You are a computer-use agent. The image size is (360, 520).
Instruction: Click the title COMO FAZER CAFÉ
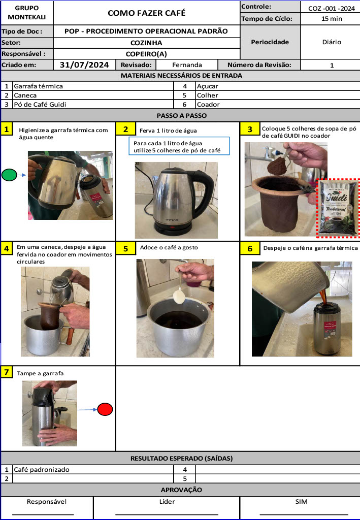click(146, 13)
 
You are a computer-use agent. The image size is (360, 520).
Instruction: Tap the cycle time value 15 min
click(331, 19)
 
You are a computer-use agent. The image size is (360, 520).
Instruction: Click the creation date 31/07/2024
click(84, 64)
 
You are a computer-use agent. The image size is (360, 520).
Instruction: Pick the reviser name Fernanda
click(187, 65)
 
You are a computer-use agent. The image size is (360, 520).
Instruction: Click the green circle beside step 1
click(9, 175)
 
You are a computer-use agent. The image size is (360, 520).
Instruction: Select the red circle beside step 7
click(105, 409)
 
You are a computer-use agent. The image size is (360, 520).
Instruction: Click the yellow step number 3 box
click(249, 129)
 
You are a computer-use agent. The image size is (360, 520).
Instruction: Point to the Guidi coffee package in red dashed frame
click(337, 208)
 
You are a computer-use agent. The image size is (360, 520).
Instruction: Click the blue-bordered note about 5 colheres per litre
click(178, 146)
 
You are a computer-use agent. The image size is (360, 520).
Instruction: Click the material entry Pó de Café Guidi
click(40, 105)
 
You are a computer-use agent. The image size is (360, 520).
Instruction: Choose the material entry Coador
click(208, 105)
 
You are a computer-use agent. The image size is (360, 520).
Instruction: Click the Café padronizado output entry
click(41, 470)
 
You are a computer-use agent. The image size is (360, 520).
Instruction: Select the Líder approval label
click(167, 502)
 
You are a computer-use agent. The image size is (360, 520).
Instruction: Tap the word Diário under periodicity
click(332, 42)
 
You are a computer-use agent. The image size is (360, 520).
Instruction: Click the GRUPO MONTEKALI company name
click(26, 13)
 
